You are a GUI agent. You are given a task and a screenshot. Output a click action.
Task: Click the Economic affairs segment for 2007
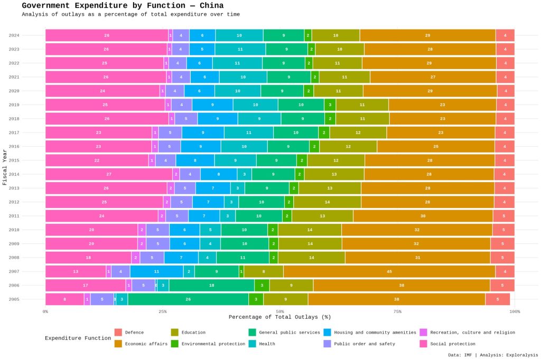coord(389,271)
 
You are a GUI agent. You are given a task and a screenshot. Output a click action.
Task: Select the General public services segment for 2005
coord(188,299)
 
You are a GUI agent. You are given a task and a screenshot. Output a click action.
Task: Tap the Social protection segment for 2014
coord(109,174)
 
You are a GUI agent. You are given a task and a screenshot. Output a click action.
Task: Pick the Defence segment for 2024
coord(505,35)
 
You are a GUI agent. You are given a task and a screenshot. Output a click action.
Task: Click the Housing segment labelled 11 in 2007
coord(157,271)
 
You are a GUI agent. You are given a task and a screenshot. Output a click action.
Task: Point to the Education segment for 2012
coord(327,202)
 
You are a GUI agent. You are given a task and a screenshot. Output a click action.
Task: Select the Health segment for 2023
coord(240,49)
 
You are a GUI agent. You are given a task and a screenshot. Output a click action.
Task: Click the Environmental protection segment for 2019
coord(330,105)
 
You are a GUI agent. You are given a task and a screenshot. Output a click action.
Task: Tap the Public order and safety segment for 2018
coord(186,119)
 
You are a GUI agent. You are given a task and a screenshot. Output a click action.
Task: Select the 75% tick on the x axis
coord(397,311)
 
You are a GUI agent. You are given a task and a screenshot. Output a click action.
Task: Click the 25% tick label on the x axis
coord(163,311)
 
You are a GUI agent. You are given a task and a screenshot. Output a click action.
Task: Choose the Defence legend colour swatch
coord(118,333)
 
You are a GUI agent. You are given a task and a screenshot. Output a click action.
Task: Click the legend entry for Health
coord(267,344)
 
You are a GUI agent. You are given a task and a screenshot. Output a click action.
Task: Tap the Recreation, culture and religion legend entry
coord(472,333)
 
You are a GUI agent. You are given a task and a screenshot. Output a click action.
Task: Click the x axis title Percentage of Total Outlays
coord(279,317)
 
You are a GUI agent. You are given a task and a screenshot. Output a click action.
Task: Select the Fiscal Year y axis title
coord(5,166)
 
